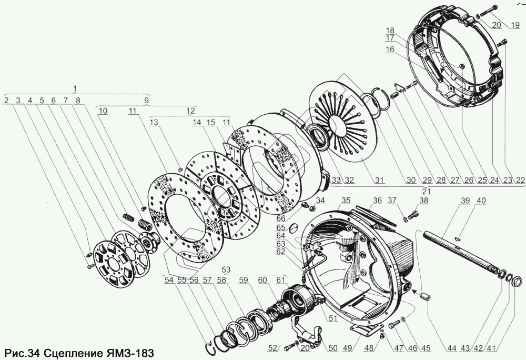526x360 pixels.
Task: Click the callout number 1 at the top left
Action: tap(75, 88)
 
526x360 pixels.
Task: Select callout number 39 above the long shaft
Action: tap(465, 201)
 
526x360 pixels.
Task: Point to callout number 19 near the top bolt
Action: tap(515, 25)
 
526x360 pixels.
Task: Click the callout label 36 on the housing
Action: tap(377, 201)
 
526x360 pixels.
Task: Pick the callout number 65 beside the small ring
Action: tap(281, 228)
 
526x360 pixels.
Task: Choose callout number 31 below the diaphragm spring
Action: tap(379, 180)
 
